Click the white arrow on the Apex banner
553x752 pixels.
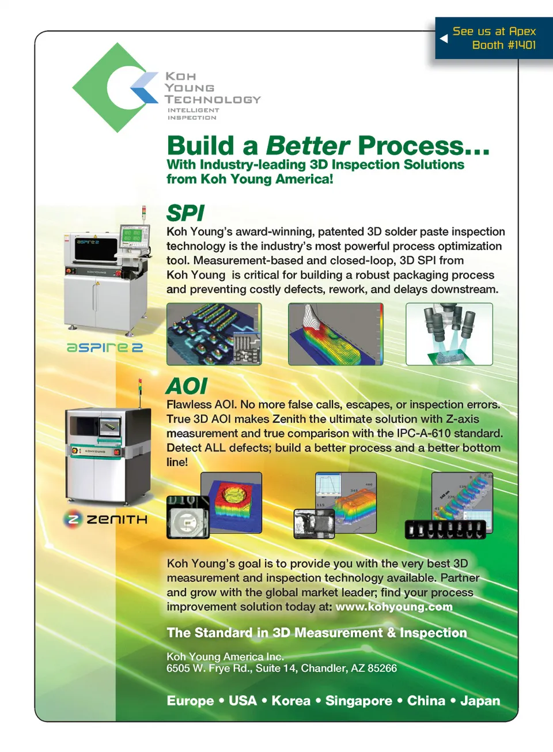(x=444, y=39)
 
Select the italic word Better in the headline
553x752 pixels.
(x=308, y=146)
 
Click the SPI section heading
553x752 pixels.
(x=185, y=213)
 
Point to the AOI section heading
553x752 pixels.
(x=187, y=386)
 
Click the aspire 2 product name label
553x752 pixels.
(x=105, y=347)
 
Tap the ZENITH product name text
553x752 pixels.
(x=117, y=520)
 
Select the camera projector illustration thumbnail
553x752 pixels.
(x=449, y=334)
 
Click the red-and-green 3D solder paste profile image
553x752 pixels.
(x=336, y=334)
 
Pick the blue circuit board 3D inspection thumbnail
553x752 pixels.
(x=214, y=334)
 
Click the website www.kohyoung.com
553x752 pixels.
(x=394, y=607)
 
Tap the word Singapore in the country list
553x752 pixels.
(x=359, y=701)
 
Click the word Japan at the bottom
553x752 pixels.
(x=480, y=701)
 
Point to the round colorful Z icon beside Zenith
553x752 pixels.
(x=73, y=519)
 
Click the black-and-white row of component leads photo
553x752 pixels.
(x=445, y=530)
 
